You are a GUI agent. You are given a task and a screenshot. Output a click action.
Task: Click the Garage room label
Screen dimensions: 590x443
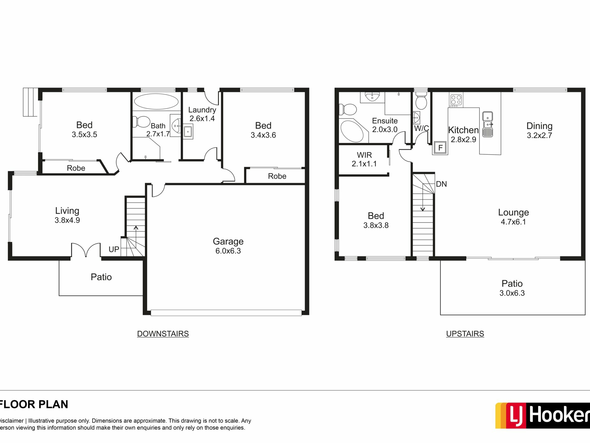pos(228,241)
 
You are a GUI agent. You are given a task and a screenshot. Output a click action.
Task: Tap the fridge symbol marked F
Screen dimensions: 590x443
pos(440,148)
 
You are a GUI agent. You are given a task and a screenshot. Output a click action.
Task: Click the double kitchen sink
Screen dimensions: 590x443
pos(488,124)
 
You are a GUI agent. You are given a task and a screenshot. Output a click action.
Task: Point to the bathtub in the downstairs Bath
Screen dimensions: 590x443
pos(156,102)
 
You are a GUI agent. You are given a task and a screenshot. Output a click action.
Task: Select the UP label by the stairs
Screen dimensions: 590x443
pos(114,249)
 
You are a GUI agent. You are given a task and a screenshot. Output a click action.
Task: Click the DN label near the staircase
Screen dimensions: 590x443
pos(441,184)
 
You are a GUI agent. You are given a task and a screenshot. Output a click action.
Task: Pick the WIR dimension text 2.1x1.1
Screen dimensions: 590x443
pos(364,164)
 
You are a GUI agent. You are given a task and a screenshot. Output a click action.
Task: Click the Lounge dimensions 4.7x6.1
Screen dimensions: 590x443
pos(513,222)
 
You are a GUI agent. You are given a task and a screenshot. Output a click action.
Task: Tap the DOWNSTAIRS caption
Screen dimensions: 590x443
pos(163,334)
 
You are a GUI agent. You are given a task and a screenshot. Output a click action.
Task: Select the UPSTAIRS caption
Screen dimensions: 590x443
pos(465,334)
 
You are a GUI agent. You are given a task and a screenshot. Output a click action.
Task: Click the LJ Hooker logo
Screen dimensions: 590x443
pos(542,415)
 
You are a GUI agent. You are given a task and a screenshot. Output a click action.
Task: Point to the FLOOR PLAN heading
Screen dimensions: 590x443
pos(33,404)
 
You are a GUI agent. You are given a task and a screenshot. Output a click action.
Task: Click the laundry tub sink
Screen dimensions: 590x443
pos(188,132)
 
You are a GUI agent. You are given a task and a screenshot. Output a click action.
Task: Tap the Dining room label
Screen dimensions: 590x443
pos(539,126)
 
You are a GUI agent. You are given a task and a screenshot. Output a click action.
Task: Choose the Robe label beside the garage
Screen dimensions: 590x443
pos(277,176)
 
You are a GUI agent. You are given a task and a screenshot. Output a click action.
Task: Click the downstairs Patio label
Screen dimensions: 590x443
pos(101,277)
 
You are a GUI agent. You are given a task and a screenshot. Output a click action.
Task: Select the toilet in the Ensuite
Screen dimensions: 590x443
pos(348,109)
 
